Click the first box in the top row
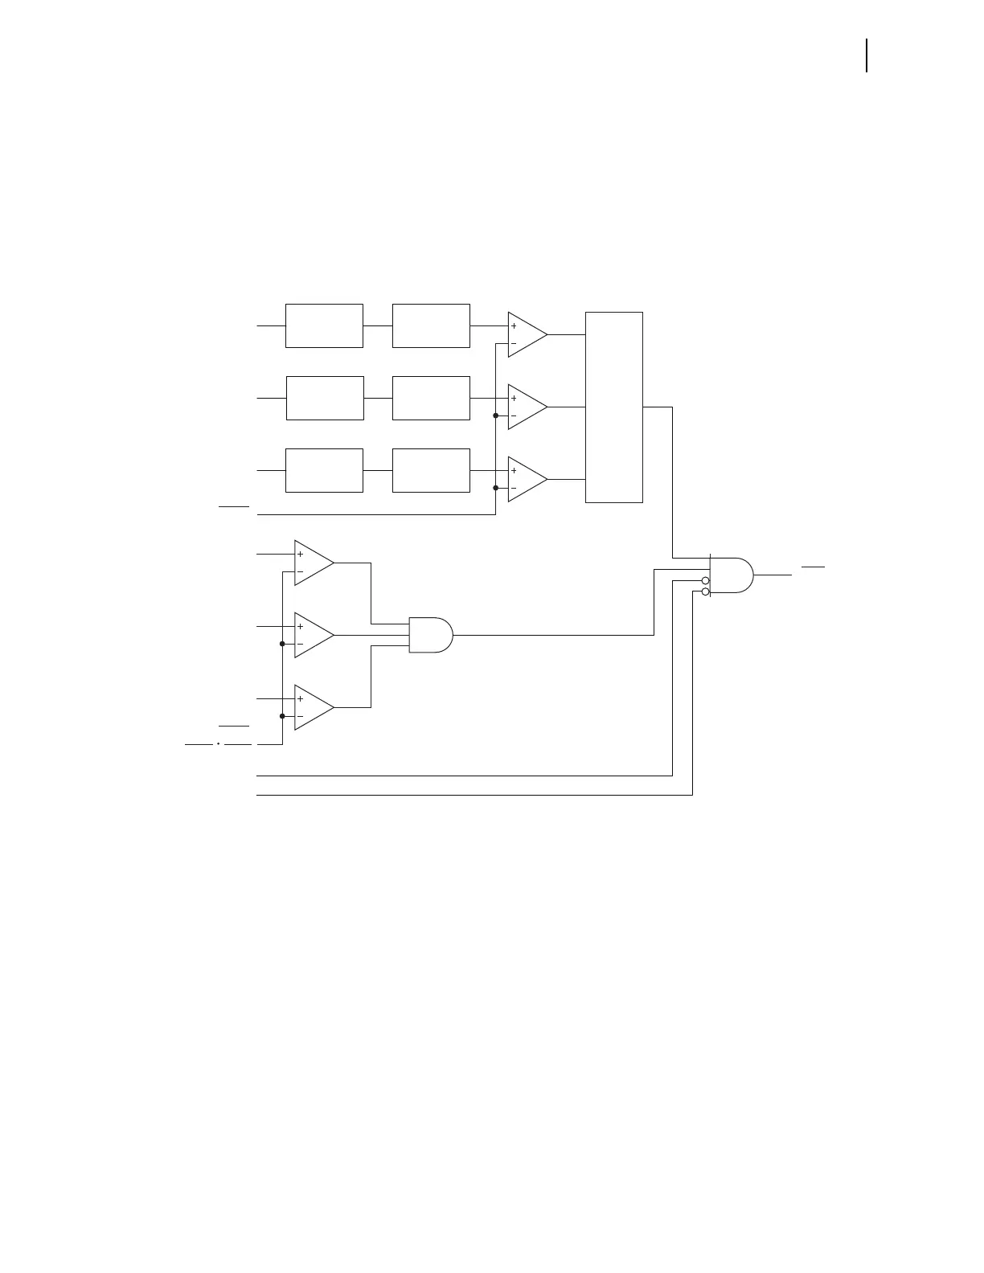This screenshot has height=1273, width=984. coord(324,325)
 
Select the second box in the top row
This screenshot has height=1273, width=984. coord(431,325)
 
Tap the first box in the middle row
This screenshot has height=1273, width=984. coord(325,398)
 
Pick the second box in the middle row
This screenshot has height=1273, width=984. coord(431,398)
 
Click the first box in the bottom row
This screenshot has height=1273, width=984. coord(324,470)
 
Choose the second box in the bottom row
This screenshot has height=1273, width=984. coord(431,470)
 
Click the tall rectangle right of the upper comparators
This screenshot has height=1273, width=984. coord(614,407)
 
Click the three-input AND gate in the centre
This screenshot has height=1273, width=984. coord(430,635)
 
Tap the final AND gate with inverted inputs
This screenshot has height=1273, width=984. coord(731,575)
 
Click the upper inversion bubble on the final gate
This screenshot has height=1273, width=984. coord(706,580)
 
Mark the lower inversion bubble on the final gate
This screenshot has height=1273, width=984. coord(706,591)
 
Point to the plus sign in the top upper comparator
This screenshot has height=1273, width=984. coord(514,326)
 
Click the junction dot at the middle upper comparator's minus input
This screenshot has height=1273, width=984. coord(496,415)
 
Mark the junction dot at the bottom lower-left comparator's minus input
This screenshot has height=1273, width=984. coord(282,716)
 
